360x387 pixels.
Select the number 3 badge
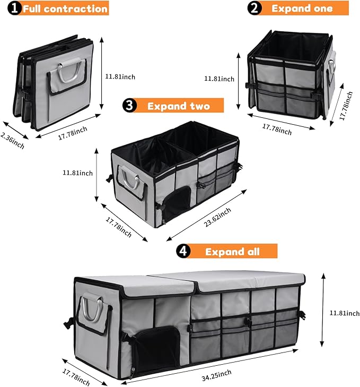click(130, 106)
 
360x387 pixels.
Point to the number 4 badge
click(183, 251)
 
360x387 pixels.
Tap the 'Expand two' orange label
click(178, 106)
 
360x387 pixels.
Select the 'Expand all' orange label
click(232, 251)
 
